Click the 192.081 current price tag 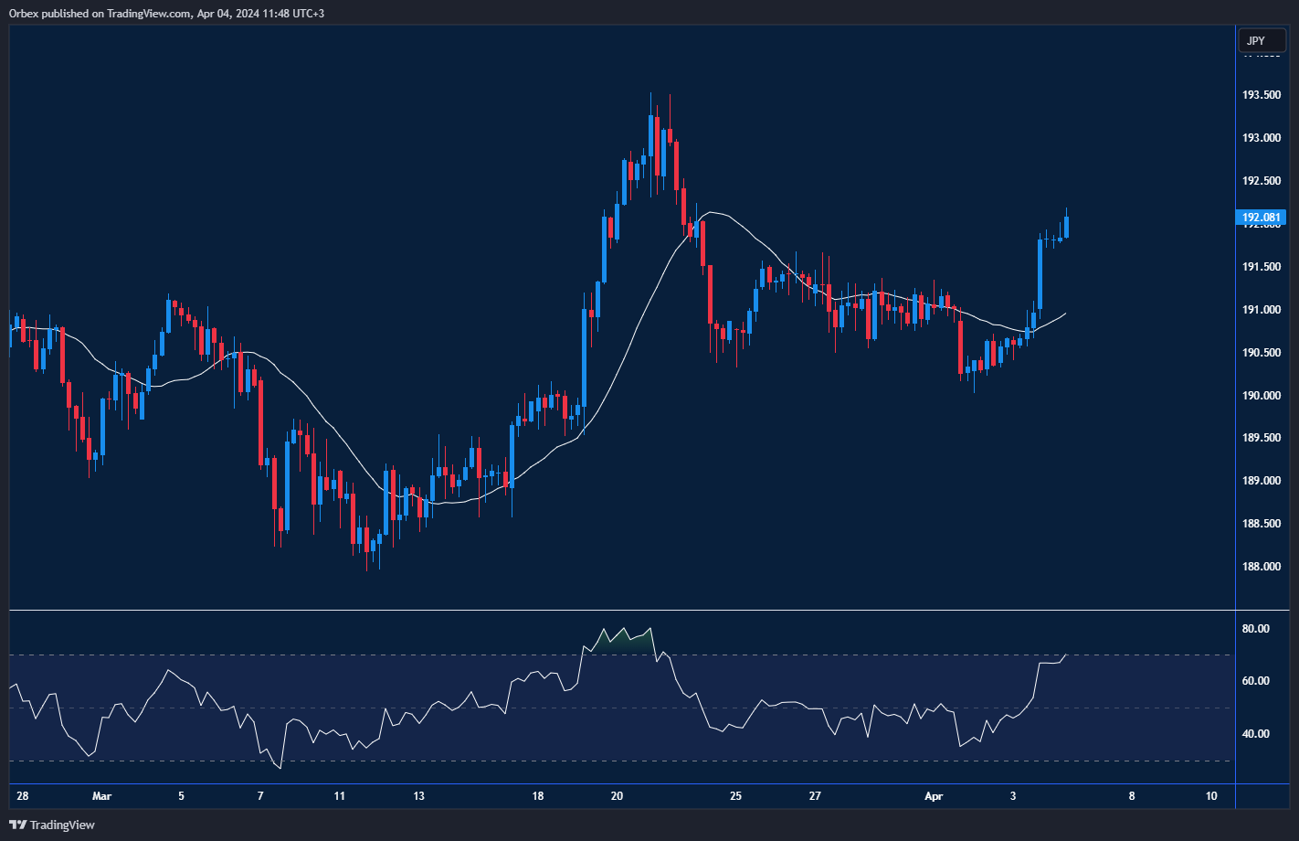point(1261,218)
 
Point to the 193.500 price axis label point(1261,95)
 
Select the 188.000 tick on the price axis point(1261,567)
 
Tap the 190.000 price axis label point(1261,396)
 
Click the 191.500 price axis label point(1261,267)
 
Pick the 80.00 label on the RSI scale point(1256,629)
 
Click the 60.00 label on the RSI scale point(1256,681)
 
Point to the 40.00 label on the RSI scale point(1256,734)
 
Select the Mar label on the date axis point(101,796)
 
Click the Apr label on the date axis point(934,796)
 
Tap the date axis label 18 point(537,796)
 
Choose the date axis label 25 point(736,796)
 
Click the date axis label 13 point(418,796)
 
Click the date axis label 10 point(1211,796)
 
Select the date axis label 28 point(22,796)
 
